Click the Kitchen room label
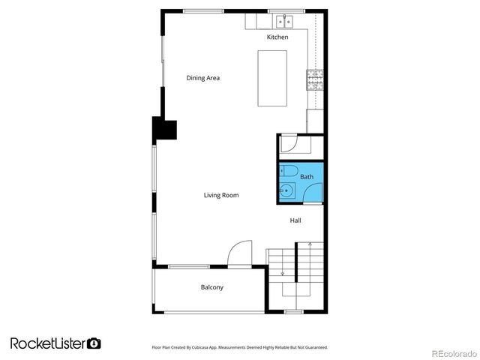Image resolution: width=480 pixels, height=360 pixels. (x=277, y=37)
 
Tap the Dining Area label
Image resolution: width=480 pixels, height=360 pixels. (x=202, y=78)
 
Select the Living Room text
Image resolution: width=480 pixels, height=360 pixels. (x=221, y=195)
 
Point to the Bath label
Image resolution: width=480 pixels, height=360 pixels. (x=307, y=177)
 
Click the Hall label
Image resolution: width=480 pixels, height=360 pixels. (x=296, y=220)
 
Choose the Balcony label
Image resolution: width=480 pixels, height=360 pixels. (x=211, y=287)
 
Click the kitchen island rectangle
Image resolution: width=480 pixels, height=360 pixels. (x=272, y=79)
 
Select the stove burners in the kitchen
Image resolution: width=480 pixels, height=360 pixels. (x=313, y=78)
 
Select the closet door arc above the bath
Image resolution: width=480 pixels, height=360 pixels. (x=290, y=143)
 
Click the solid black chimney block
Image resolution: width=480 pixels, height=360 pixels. (x=164, y=130)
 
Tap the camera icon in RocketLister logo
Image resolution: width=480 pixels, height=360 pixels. (x=94, y=343)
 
